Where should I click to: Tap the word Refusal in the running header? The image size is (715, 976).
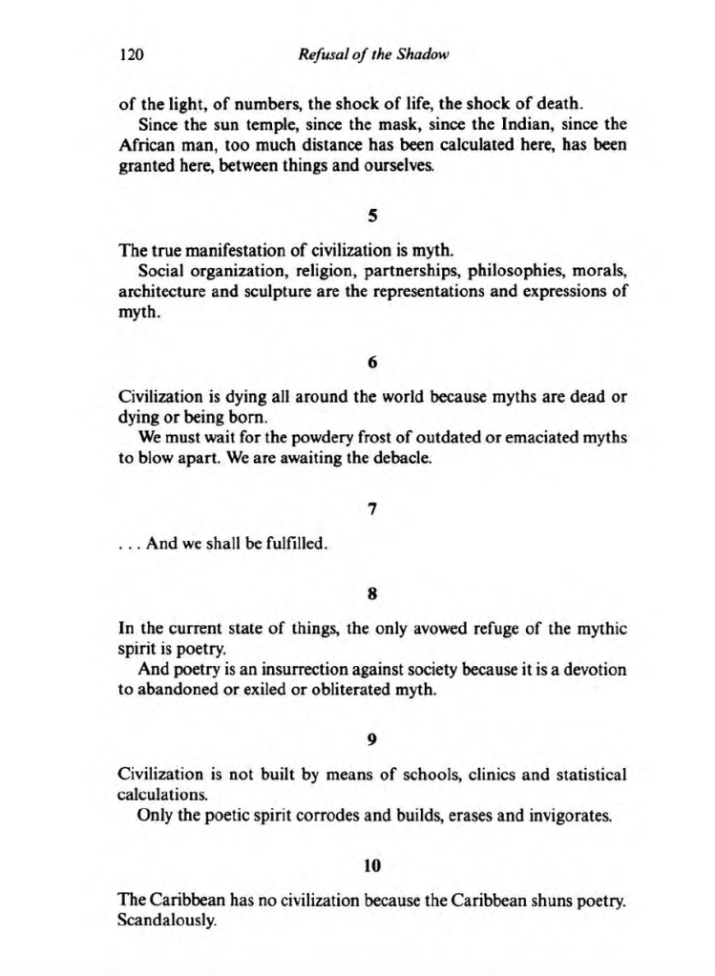[x=323, y=55]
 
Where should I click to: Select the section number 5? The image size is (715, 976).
[x=372, y=217]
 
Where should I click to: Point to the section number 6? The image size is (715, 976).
[x=372, y=363]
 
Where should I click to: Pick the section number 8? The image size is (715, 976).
[x=372, y=592]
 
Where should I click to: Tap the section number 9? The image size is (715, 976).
[x=372, y=737]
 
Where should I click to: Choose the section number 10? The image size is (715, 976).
[x=372, y=865]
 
